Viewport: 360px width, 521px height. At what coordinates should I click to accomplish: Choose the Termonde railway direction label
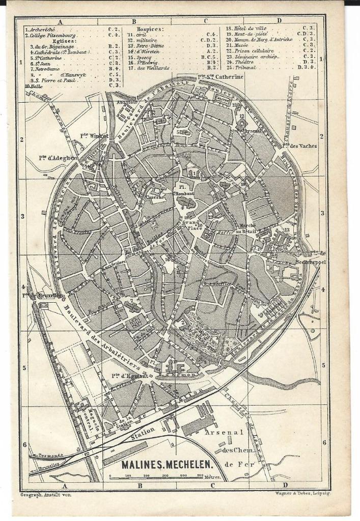coord(48,455)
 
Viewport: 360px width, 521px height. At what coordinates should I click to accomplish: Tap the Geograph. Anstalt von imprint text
coord(46,494)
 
